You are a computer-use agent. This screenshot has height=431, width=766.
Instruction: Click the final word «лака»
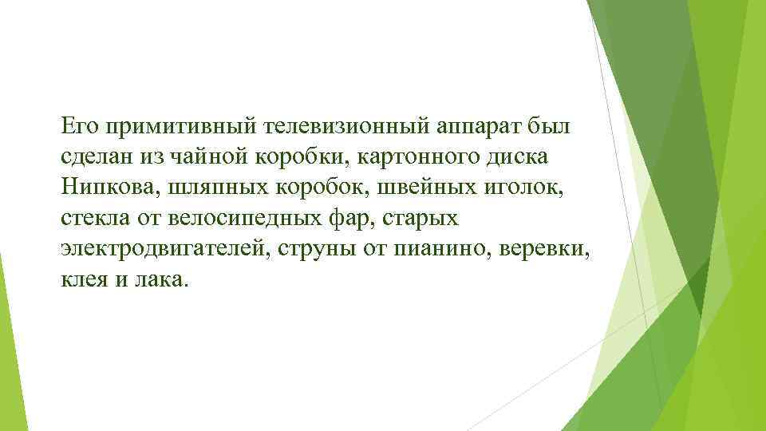(164, 279)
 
